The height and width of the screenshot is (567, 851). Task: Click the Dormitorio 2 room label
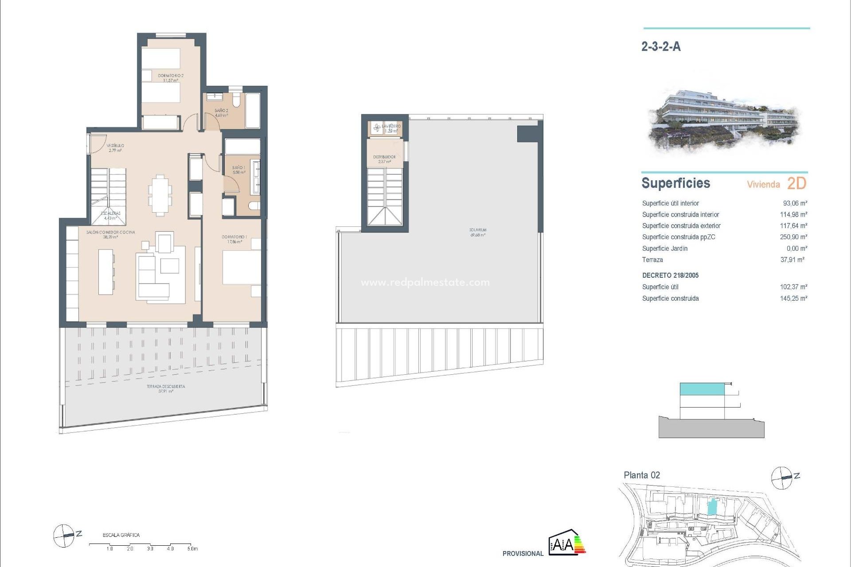(x=171, y=78)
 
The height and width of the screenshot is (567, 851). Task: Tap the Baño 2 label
(x=221, y=113)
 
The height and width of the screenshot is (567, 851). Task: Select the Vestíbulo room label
(x=115, y=148)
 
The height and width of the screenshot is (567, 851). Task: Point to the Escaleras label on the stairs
(x=111, y=216)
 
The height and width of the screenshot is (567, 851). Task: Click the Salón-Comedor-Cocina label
(x=110, y=234)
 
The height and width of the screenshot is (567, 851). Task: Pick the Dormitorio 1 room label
(x=234, y=239)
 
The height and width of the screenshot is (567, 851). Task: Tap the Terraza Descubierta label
(x=166, y=388)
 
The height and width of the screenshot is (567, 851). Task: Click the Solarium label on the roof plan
(x=478, y=232)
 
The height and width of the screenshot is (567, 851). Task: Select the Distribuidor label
(x=384, y=159)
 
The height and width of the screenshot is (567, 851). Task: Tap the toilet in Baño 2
(x=236, y=101)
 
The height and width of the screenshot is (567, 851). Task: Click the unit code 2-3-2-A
(x=661, y=47)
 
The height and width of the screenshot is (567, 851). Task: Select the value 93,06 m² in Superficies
(x=795, y=203)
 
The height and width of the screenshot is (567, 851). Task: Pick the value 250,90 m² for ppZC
(x=793, y=237)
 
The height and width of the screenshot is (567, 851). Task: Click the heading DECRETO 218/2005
(x=670, y=276)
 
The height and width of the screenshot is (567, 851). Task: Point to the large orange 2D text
(x=796, y=183)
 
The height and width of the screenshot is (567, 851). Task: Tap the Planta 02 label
(x=642, y=475)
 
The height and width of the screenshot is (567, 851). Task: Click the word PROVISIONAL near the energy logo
(x=523, y=554)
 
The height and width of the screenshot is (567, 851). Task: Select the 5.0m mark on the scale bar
(x=192, y=549)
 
